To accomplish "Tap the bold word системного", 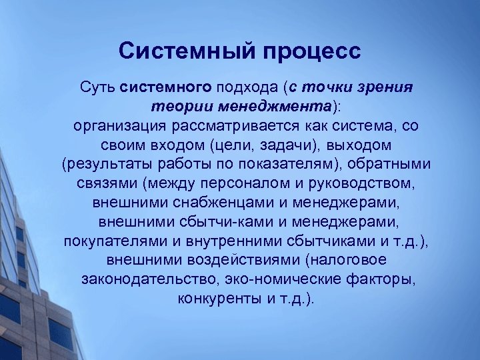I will [x=165, y=87].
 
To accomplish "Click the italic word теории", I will [x=175, y=107].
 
